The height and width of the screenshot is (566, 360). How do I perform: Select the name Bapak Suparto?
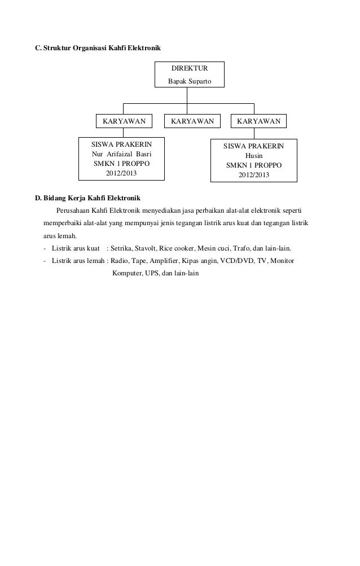pos(190,82)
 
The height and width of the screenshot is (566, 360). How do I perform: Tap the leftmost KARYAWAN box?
pos(124,121)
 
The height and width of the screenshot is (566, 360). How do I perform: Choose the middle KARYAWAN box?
pos(192,121)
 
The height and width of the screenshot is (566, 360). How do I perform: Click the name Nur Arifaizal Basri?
pos(121,153)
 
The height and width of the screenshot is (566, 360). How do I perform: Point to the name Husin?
pos(253,156)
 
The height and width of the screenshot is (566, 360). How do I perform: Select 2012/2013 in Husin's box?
pos(253,175)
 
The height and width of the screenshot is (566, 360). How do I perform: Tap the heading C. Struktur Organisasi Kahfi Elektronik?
pos(98,50)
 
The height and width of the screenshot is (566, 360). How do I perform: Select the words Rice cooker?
pos(176,248)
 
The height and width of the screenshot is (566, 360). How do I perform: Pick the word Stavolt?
pos(146,248)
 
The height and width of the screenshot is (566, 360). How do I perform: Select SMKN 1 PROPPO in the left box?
pos(121,164)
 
